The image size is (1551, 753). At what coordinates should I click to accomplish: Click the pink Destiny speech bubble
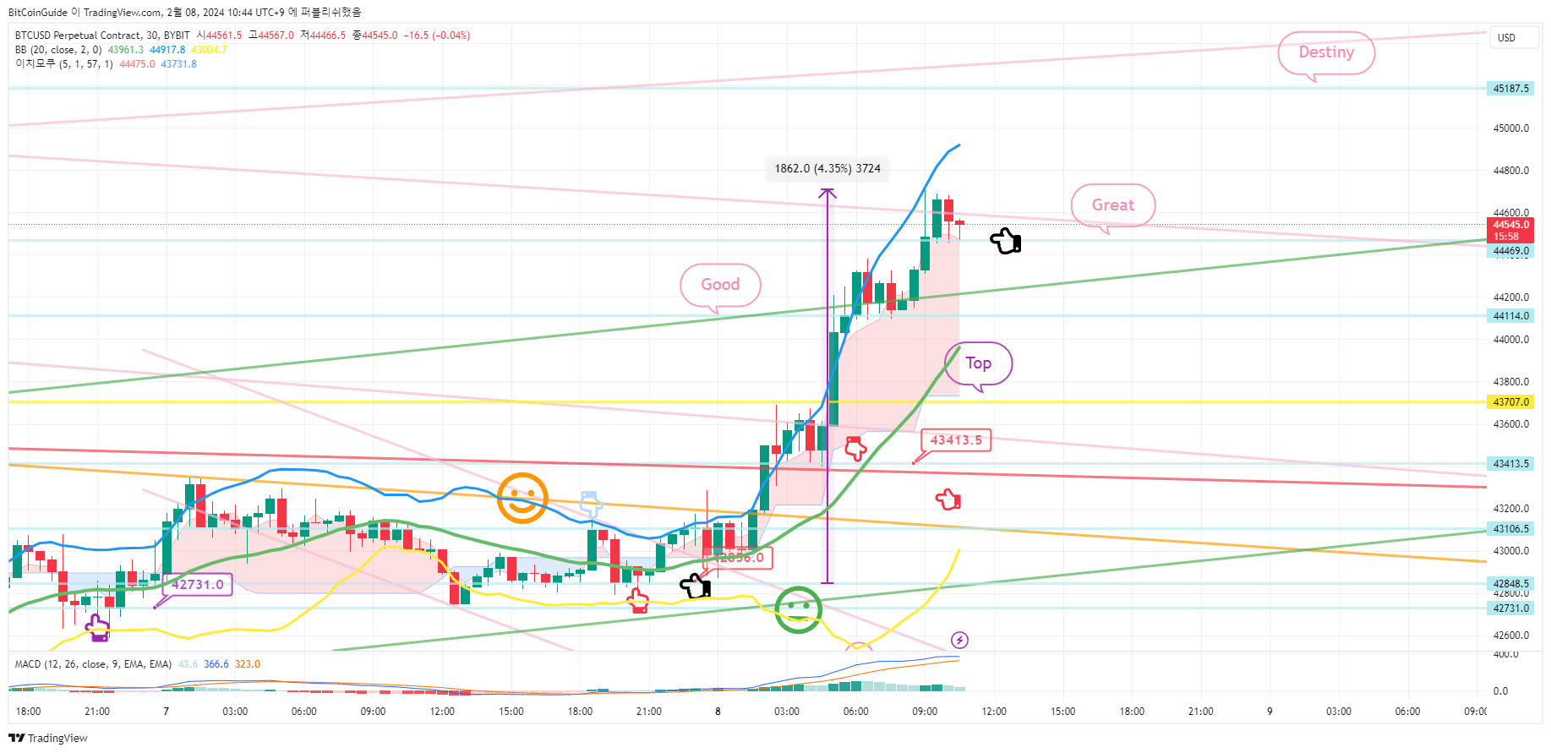click(1325, 52)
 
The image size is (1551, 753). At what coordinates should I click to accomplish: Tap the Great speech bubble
click(1112, 205)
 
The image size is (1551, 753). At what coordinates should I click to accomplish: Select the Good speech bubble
click(720, 285)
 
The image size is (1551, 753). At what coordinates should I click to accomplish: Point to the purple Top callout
click(978, 363)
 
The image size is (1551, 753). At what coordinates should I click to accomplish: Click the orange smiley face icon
click(522, 498)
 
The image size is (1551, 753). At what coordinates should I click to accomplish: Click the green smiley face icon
click(798, 609)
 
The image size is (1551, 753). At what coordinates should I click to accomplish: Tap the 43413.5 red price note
click(956, 440)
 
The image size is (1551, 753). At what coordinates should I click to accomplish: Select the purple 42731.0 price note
click(198, 584)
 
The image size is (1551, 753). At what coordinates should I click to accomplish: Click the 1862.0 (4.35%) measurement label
click(827, 168)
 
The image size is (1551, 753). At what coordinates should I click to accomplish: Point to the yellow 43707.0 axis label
click(1510, 402)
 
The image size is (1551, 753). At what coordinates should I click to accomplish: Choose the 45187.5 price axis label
click(1510, 89)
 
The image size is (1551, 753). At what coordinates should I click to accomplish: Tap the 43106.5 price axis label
click(1510, 529)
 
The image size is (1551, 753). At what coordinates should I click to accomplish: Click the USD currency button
click(1507, 38)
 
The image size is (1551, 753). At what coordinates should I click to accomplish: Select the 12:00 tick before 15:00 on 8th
click(994, 712)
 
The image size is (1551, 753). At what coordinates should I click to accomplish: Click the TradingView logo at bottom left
click(48, 738)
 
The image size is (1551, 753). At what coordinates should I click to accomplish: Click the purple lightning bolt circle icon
click(959, 640)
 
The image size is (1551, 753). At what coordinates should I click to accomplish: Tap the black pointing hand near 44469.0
click(1006, 242)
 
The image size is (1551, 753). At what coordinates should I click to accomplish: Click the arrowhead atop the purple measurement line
click(827, 194)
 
